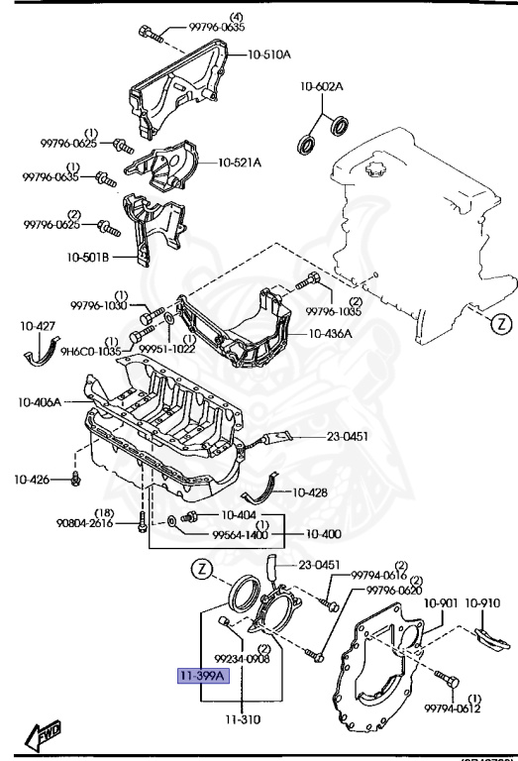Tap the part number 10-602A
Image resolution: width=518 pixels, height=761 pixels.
pos(322,87)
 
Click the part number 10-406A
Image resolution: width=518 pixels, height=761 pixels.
pos(40,402)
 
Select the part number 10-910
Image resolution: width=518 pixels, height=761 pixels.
pos(483,601)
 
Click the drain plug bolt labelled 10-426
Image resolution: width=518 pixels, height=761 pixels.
pos(74,480)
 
